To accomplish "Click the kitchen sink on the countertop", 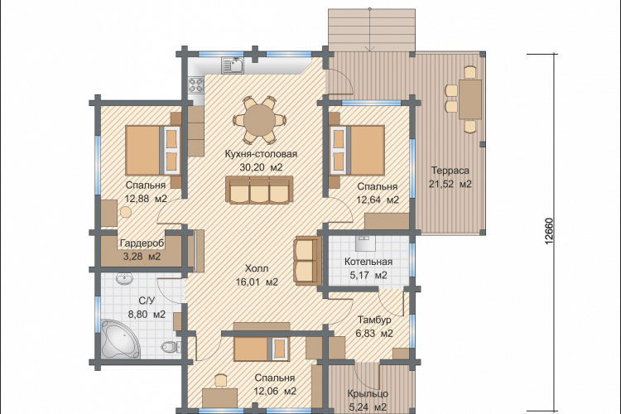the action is pyautogui.click(x=233, y=65).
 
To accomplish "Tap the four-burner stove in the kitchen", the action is pyautogui.click(x=195, y=84).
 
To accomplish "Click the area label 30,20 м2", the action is pyautogui.click(x=261, y=167).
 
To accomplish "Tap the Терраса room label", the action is pyautogui.click(x=450, y=171).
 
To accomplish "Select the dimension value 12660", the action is pyautogui.click(x=548, y=231).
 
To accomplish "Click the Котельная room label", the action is pyautogui.click(x=368, y=262).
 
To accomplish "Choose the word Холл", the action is pyautogui.click(x=257, y=268).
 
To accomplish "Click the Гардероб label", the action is pyautogui.click(x=142, y=243).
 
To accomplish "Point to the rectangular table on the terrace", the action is pyautogui.click(x=470, y=99).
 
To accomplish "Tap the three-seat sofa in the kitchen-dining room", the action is pyautogui.click(x=259, y=190).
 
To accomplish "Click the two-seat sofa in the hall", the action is pyautogui.click(x=307, y=261).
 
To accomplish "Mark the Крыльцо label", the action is pyautogui.click(x=368, y=394).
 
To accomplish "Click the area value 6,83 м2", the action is pyautogui.click(x=374, y=334).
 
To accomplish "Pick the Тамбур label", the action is pyautogui.click(x=374, y=320).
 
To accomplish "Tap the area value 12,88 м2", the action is pyautogui.click(x=146, y=199).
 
